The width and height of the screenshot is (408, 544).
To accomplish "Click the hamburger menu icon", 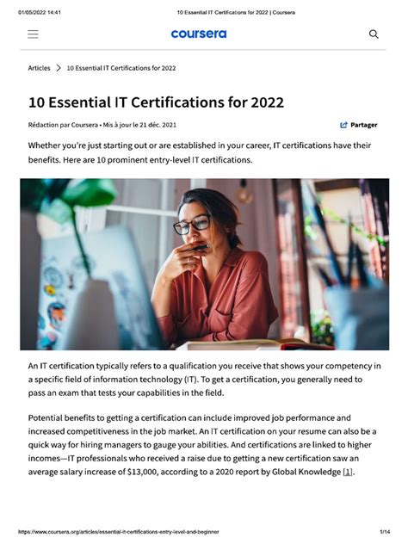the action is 33,34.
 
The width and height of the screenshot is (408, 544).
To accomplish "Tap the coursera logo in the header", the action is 198,34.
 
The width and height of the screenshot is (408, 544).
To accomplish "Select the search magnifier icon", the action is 374,34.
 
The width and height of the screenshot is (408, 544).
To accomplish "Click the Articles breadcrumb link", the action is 39,68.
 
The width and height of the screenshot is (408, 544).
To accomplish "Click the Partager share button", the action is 358,125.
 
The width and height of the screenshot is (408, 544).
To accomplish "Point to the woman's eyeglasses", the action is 191,226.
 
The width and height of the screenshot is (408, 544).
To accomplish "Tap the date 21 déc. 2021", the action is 158,125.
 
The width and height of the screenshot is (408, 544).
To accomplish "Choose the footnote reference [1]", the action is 348,472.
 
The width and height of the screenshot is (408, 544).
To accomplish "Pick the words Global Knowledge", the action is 306,472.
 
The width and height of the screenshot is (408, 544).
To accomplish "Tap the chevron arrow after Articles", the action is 59,68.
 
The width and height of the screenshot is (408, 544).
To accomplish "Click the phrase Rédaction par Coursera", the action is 63,125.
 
